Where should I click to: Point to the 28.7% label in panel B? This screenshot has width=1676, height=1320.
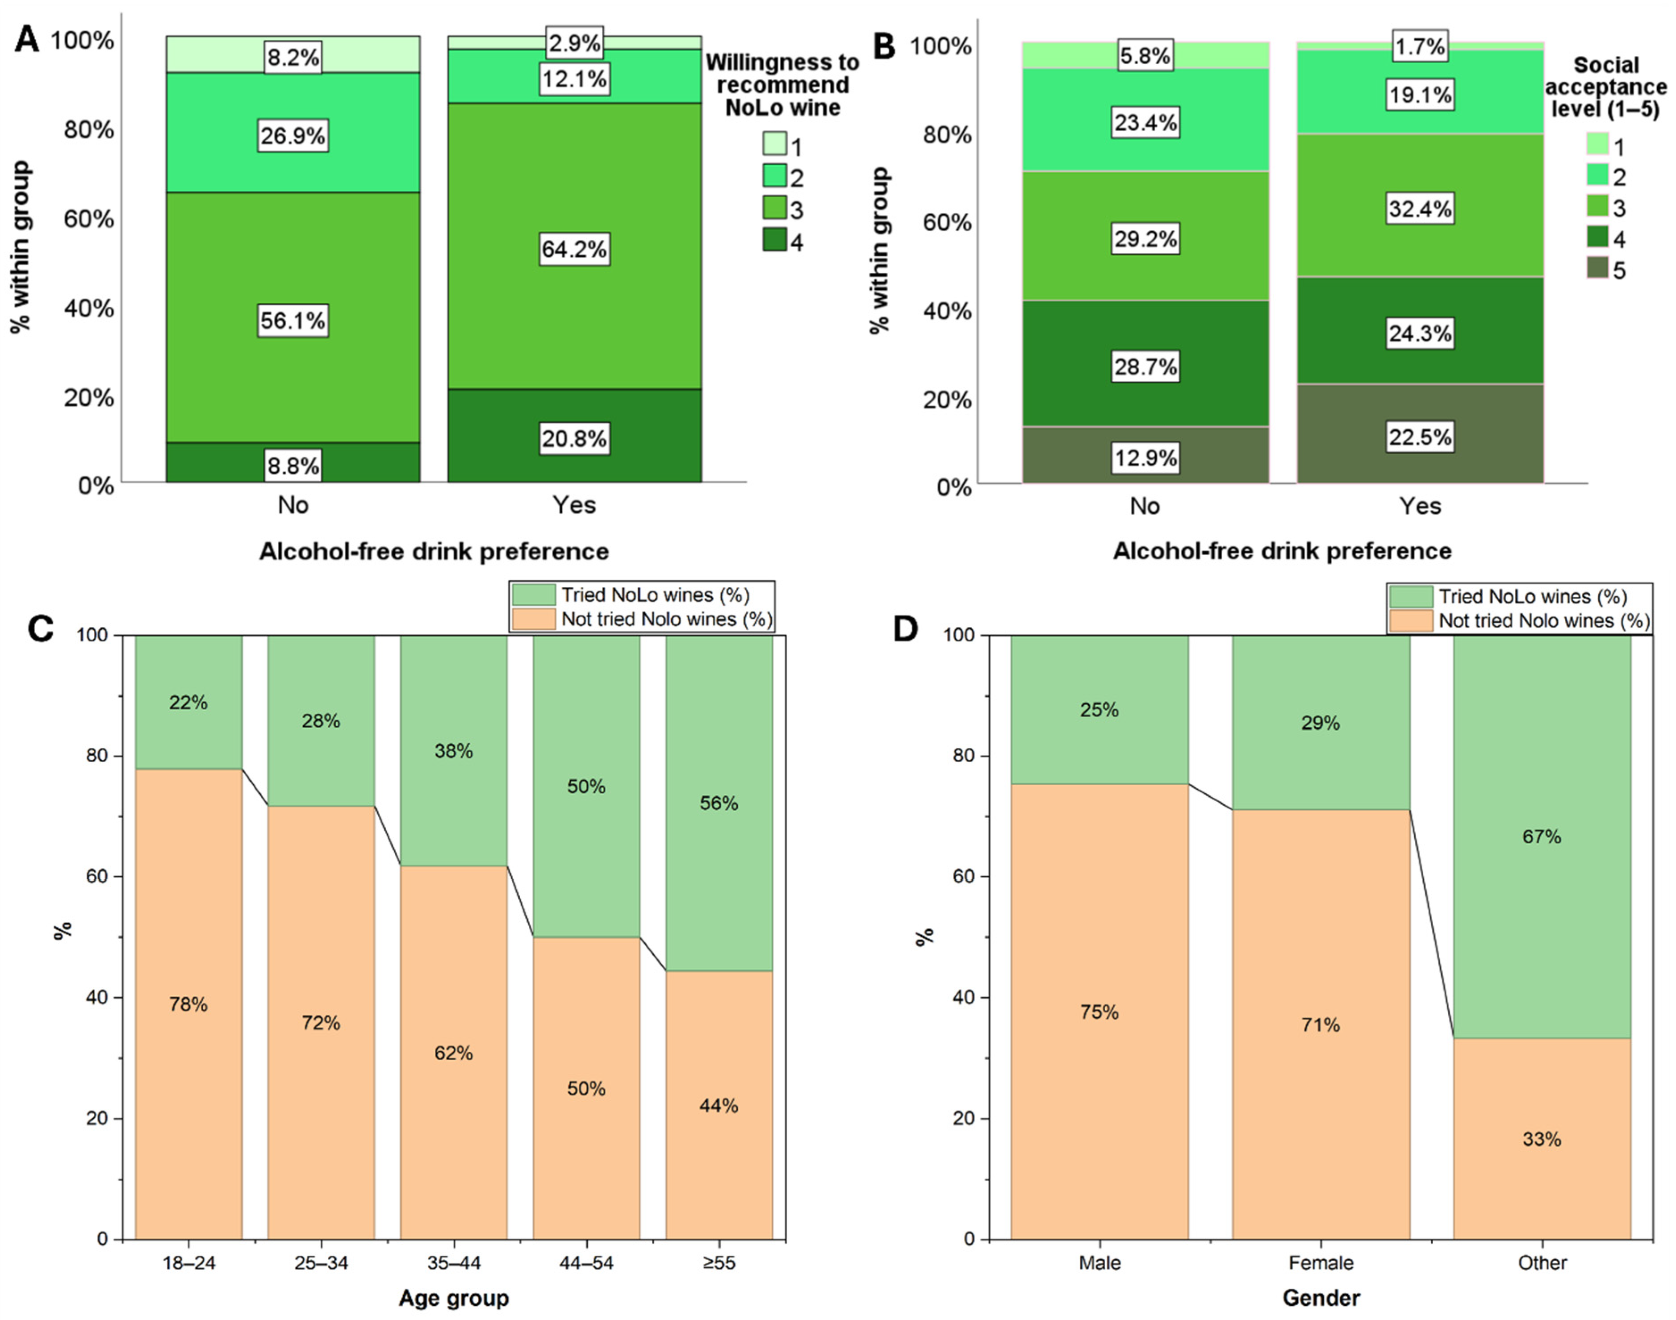[1145, 366]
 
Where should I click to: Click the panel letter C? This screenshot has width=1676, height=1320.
[40, 629]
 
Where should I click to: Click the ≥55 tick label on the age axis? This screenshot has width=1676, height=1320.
[719, 1263]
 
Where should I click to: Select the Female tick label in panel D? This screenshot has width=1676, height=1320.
[1321, 1263]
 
